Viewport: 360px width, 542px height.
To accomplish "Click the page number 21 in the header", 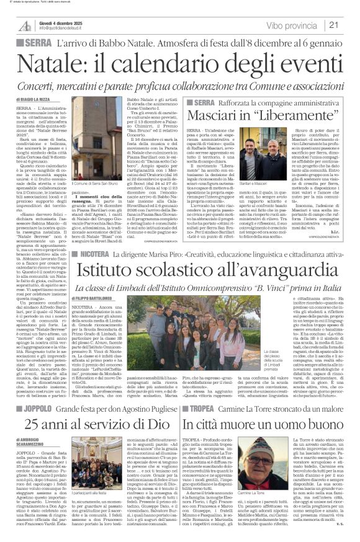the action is (349, 25).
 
